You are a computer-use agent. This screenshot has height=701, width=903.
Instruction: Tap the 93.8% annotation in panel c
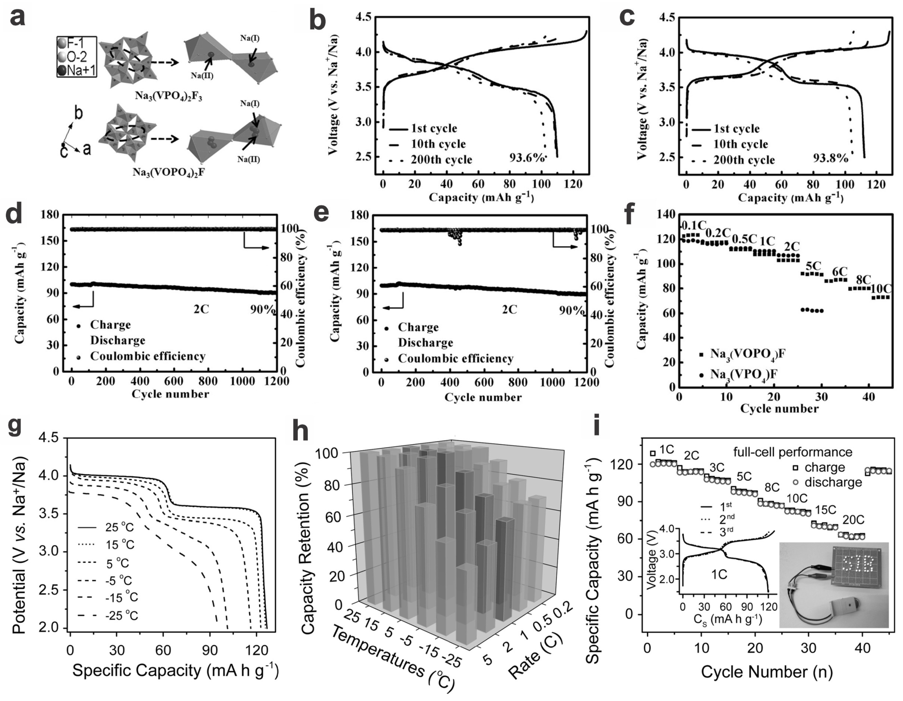pyautogui.click(x=831, y=158)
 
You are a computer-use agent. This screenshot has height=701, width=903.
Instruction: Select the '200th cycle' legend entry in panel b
pyautogui.click(x=441, y=160)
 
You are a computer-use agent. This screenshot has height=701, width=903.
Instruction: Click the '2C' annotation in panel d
pyautogui.click(x=201, y=309)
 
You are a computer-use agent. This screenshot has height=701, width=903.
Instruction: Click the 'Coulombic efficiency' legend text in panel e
pyautogui.click(x=456, y=359)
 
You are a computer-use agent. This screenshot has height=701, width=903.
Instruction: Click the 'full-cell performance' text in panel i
pyautogui.click(x=793, y=452)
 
